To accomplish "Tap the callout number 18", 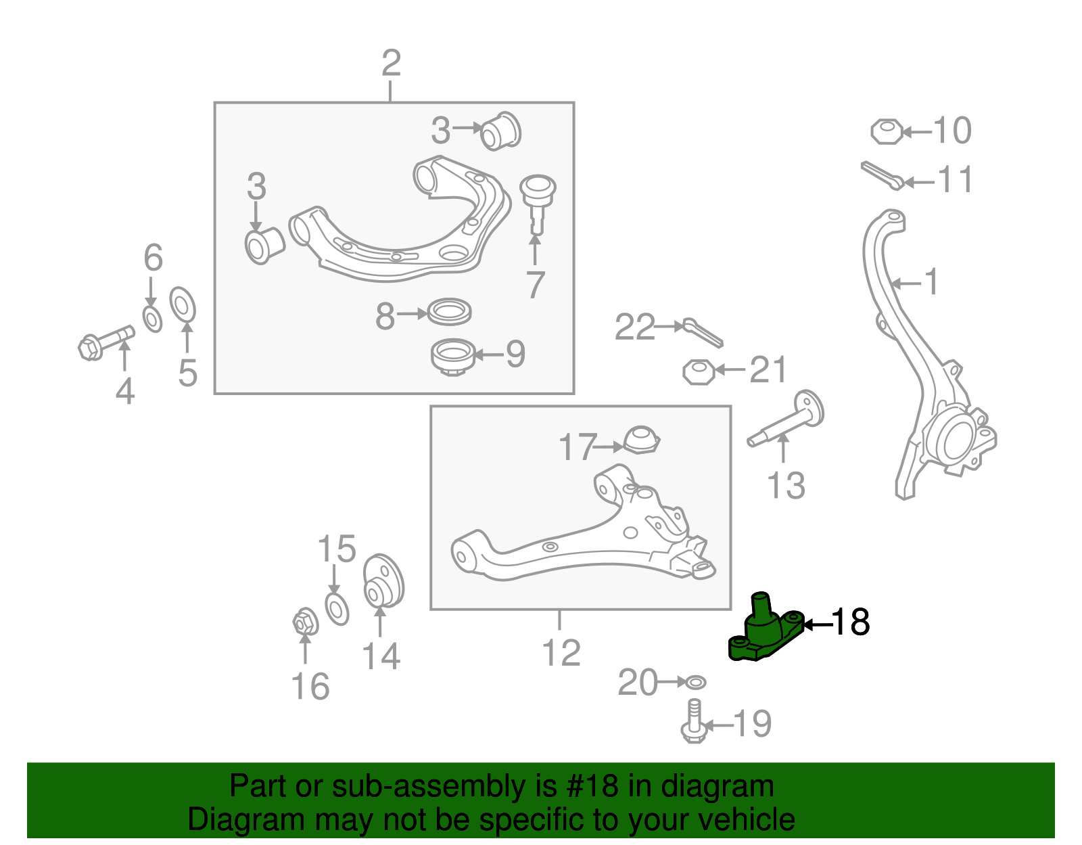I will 850,622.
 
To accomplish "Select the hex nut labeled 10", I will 886,131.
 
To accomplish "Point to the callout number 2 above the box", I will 391,64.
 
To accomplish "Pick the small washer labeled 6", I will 153,319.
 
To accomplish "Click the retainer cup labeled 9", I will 452,356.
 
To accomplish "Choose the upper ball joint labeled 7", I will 537,200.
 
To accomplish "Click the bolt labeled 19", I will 694,722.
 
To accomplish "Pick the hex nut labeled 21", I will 699,371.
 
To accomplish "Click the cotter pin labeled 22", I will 703,332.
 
